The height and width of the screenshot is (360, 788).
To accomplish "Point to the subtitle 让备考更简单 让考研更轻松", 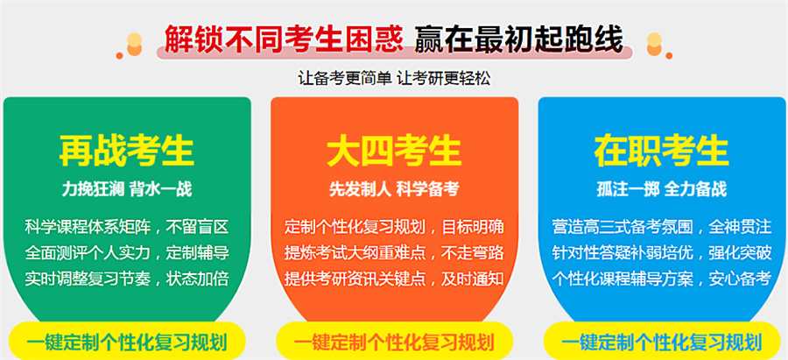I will pyautogui.click(x=394, y=77).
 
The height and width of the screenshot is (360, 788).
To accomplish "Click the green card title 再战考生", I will pyautogui.click(x=127, y=151).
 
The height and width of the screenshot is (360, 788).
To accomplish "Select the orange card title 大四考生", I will pyautogui.click(x=394, y=151).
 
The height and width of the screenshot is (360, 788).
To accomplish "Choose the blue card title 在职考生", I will pyautogui.click(x=661, y=151).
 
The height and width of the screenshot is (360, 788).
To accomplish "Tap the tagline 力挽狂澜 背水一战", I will pyautogui.click(x=127, y=188).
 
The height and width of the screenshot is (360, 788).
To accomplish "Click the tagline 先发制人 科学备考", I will pyautogui.click(x=394, y=188).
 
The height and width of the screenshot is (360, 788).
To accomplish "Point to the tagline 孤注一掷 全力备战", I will pyautogui.click(x=661, y=188).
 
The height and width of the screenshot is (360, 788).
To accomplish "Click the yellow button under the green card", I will pyautogui.click(x=127, y=341).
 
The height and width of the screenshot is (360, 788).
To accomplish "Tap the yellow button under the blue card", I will pyautogui.click(x=661, y=341).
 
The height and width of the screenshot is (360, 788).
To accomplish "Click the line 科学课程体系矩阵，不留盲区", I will pyautogui.click(x=127, y=228).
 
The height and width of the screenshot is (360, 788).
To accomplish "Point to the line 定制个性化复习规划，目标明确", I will pyautogui.click(x=394, y=228).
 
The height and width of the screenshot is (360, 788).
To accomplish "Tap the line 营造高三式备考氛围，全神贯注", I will pyautogui.click(x=661, y=228).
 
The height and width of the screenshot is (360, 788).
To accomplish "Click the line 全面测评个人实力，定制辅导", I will pyautogui.click(x=127, y=254).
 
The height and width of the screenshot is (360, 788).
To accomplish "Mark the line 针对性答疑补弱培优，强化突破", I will pyautogui.click(x=661, y=254).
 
